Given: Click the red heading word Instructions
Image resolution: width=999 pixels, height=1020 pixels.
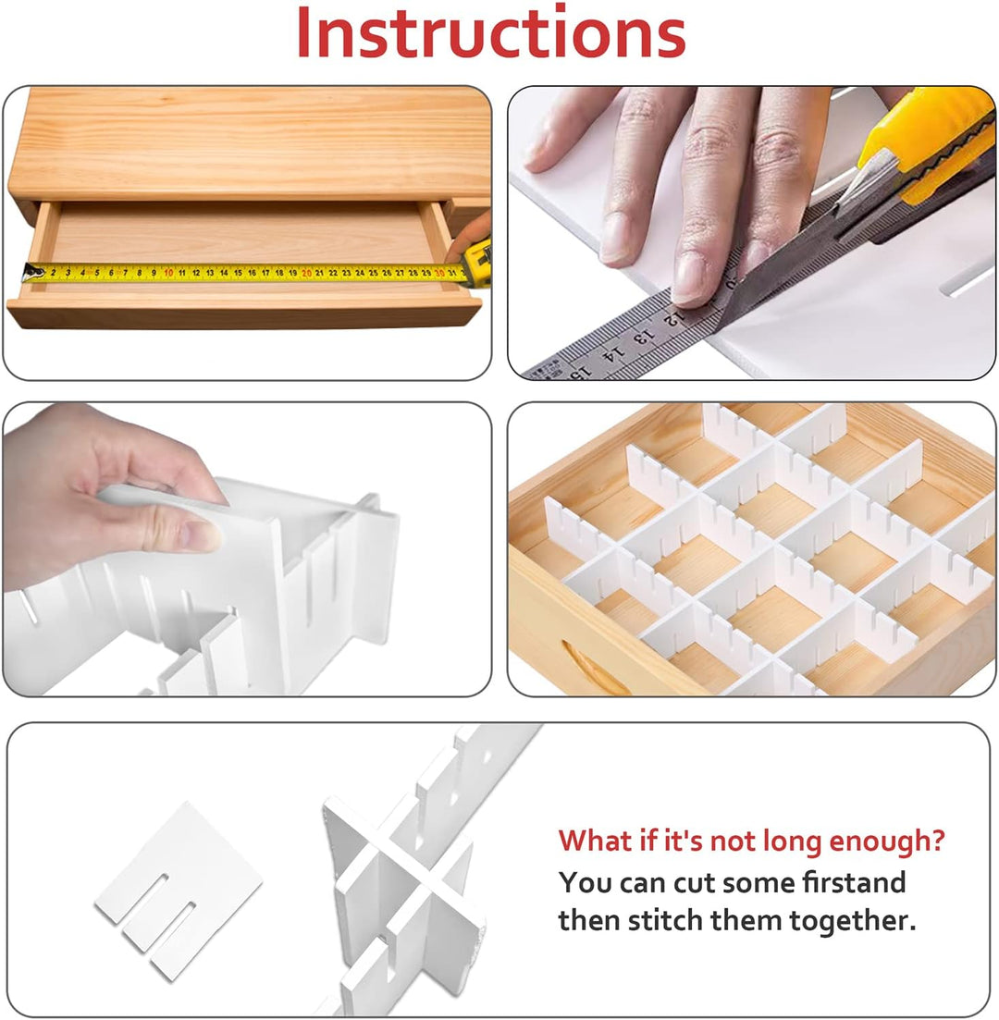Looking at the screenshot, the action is (491, 32).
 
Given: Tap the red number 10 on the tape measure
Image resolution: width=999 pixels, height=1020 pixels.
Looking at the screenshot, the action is (168, 273).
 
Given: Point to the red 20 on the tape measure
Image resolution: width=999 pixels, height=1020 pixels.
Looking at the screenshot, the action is (306, 273).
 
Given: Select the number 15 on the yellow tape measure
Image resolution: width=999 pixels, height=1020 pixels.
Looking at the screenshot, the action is (238, 273).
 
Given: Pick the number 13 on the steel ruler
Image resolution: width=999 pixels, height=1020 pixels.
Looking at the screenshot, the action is (642, 337).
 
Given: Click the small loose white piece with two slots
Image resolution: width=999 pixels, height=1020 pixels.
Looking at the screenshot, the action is (178, 891).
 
